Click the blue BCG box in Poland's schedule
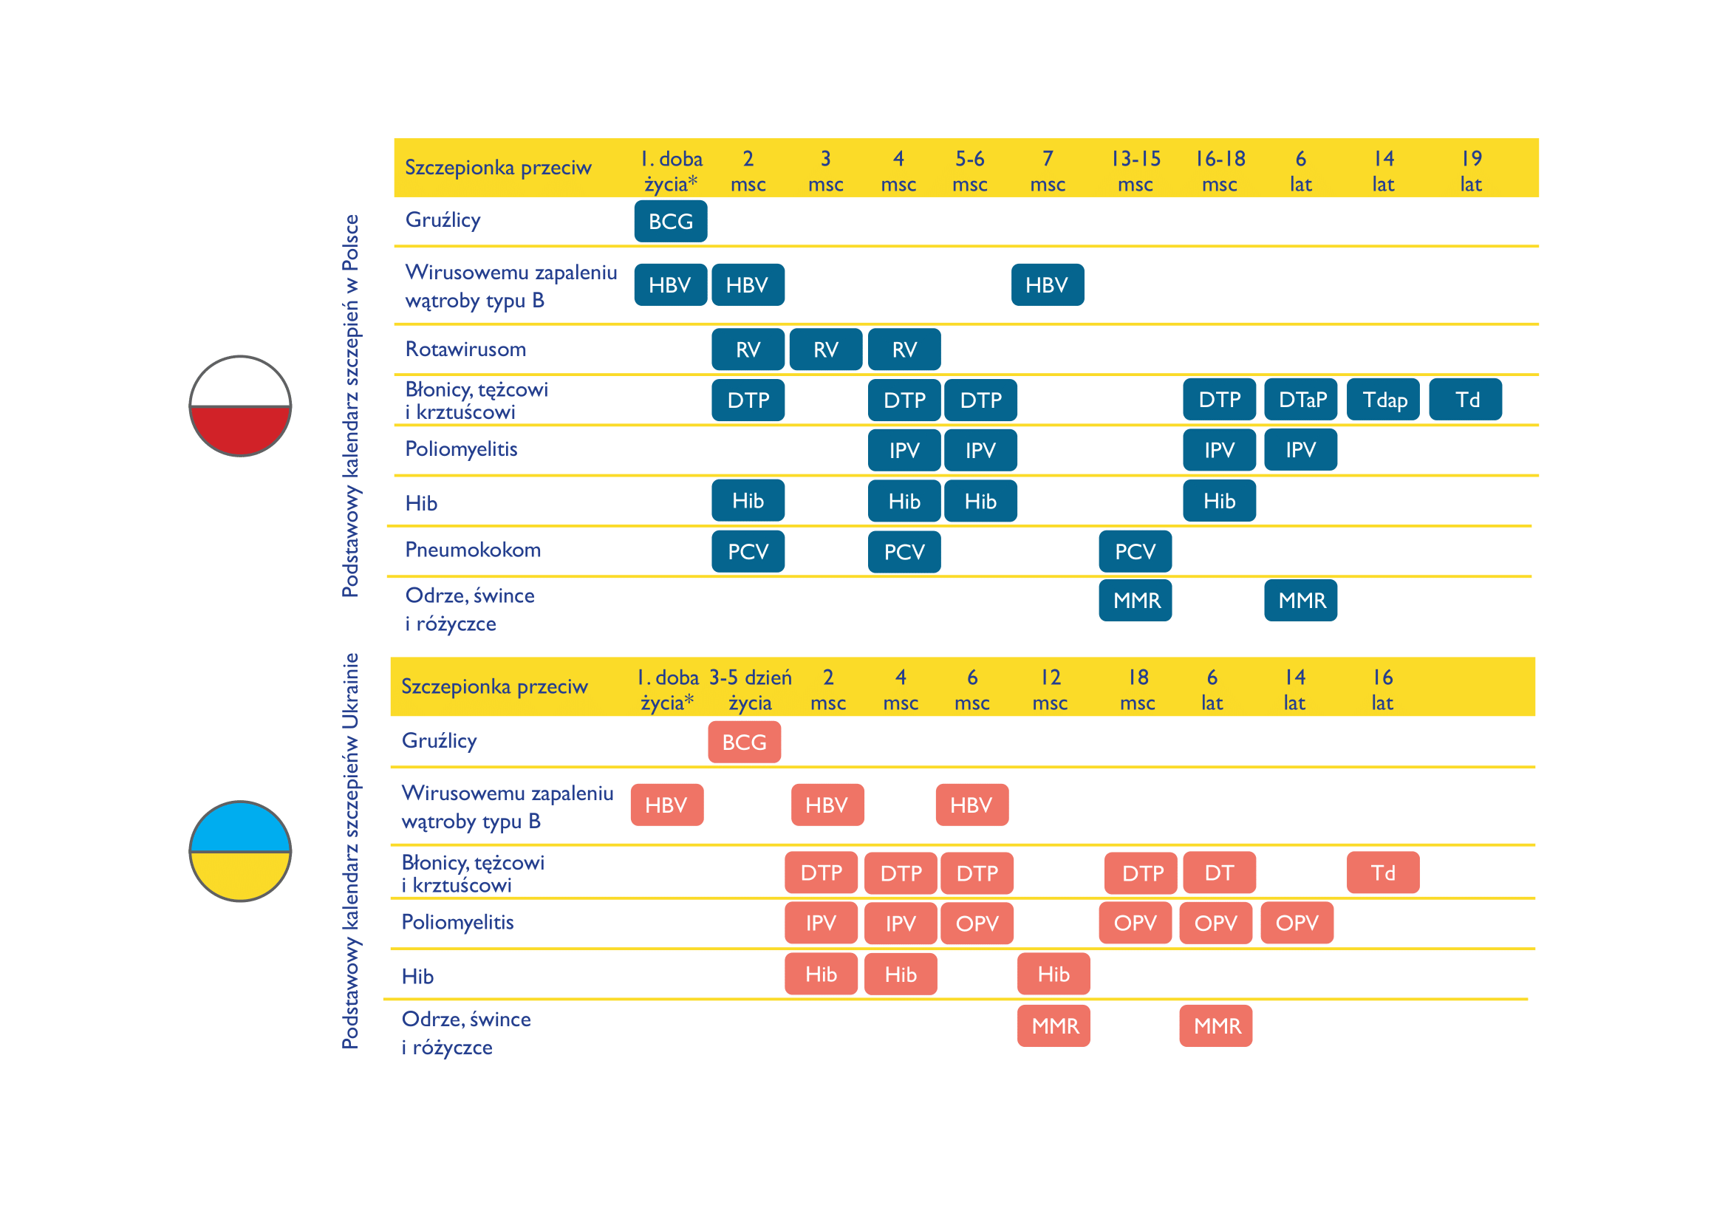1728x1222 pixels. point(670,221)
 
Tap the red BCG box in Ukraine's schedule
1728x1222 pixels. point(744,742)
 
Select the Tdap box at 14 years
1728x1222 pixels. point(1383,400)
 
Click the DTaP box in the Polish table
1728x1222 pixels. point(1300,400)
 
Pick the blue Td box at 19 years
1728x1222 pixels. point(1465,400)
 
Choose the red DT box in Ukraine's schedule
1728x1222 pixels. point(1218,873)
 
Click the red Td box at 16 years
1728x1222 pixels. point(1382,873)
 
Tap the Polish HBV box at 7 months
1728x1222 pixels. point(1047,285)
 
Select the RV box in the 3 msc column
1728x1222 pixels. point(826,350)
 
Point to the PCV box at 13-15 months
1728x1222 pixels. point(1135,552)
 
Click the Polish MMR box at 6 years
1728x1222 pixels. point(1300,601)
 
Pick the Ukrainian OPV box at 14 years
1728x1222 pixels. point(1297,924)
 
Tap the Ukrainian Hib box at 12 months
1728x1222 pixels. point(1053,974)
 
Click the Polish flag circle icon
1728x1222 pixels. point(240,406)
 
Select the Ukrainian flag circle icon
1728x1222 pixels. point(240,851)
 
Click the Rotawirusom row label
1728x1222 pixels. point(465,349)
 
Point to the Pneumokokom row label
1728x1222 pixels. point(473,550)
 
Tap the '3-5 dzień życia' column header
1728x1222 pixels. point(751,689)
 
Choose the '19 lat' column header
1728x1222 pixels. point(1471,171)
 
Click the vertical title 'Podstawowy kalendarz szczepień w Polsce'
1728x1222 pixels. point(350,406)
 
